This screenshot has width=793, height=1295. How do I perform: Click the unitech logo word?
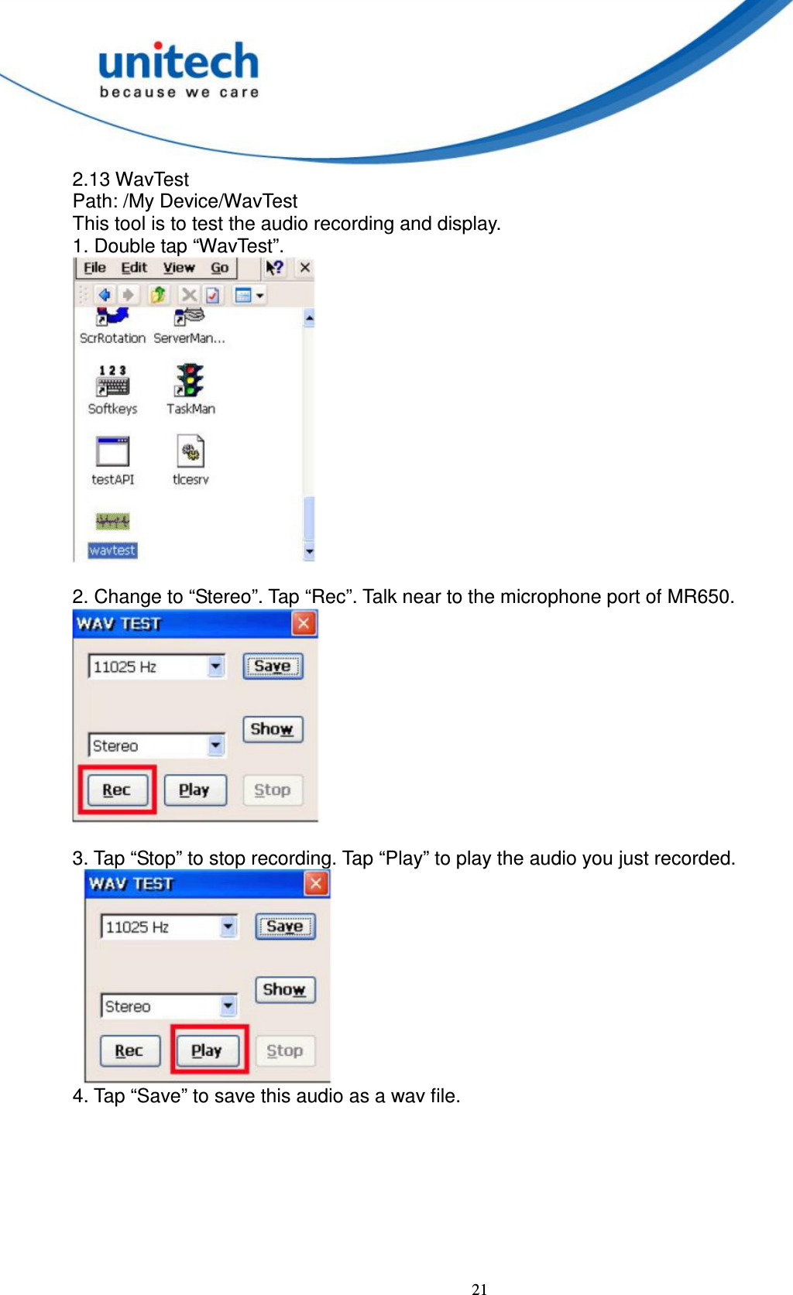(178, 62)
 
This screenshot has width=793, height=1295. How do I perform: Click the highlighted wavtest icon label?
(112, 550)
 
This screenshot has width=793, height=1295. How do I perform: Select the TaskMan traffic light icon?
(190, 380)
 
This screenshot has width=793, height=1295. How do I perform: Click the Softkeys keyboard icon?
(113, 380)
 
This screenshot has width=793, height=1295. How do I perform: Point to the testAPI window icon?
(113, 451)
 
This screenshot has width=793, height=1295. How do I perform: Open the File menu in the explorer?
(94, 268)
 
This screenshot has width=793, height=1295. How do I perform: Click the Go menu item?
(220, 268)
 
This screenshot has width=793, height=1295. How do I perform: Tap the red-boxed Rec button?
(117, 790)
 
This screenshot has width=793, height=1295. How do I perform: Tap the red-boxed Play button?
(207, 1050)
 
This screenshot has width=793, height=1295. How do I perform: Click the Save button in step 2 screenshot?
(273, 666)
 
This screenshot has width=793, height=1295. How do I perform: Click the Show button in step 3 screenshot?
(284, 989)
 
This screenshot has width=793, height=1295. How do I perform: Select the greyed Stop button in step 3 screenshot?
(284, 1050)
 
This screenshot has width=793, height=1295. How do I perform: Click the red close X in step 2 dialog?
(304, 623)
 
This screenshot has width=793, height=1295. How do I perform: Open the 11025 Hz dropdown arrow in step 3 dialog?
(228, 926)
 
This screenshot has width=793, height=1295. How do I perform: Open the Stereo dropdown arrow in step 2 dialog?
(216, 745)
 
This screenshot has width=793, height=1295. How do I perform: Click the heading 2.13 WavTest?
(130, 180)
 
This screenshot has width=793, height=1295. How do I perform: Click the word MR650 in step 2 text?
(699, 597)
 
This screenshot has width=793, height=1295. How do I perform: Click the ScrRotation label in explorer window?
(112, 338)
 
